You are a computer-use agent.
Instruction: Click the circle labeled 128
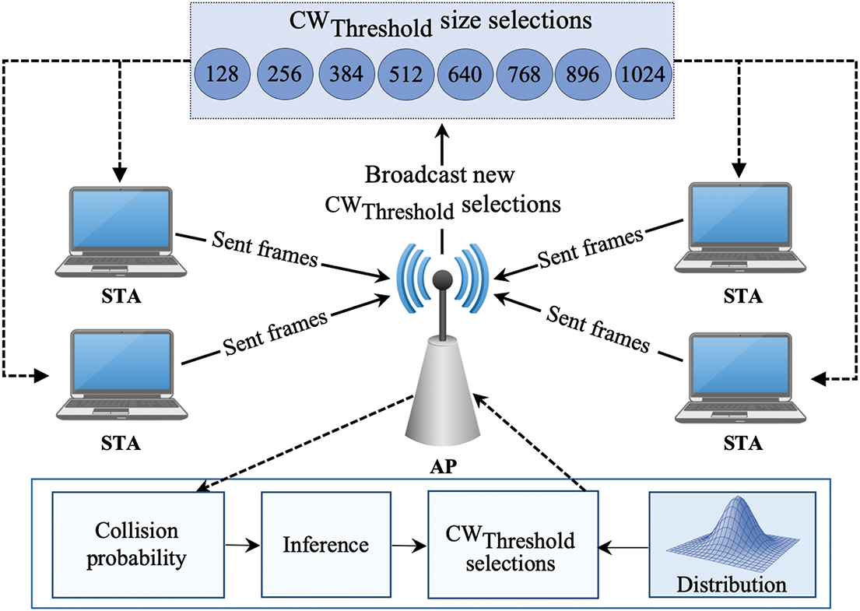point(222,74)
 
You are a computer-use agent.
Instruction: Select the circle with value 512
point(405,74)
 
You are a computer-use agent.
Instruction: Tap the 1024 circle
point(644,74)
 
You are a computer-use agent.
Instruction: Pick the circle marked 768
point(525,74)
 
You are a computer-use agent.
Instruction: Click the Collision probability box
point(139,545)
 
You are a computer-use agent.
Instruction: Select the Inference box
point(326,545)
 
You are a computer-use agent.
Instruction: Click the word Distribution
point(732,585)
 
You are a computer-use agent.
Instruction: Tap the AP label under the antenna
point(443,466)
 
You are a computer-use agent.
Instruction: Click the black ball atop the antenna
point(442,279)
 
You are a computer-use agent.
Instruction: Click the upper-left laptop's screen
point(121,219)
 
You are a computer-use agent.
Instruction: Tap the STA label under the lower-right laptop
point(742,443)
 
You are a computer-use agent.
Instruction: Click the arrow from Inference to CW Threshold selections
point(409,546)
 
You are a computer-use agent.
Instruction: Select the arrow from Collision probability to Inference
point(242,545)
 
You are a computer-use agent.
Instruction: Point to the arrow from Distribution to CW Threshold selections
point(623,547)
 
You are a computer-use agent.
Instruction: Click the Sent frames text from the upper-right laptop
point(590,248)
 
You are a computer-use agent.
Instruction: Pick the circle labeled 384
point(346,74)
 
